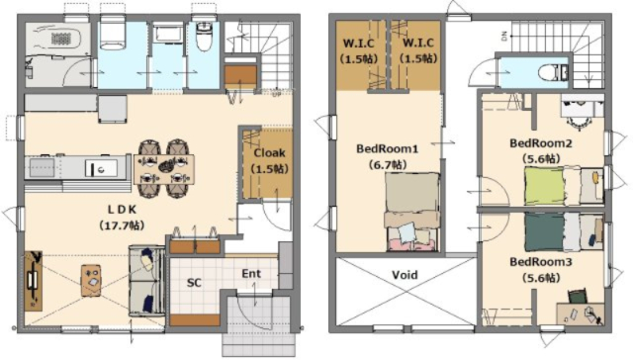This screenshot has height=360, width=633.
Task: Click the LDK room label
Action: click(122, 210)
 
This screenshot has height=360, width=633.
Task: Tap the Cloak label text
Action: click(269, 153)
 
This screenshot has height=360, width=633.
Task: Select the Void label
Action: click(405, 275)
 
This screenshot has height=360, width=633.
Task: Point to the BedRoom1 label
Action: click(387, 148)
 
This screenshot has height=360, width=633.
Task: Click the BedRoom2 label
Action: click(541, 143)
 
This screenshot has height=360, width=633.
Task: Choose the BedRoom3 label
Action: click(541, 262)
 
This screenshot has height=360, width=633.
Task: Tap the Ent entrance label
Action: click(251, 274)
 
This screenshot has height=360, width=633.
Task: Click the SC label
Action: click(194, 283)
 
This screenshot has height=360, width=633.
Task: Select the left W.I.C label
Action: click(358, 43)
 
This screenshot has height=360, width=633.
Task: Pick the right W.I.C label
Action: click(418, 43)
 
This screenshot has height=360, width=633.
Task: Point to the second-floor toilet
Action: click(553, 72)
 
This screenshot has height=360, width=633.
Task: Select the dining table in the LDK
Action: click(164, 169)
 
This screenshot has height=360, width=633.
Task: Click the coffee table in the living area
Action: click(91, 280)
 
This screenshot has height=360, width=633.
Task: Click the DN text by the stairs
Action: click(504, 37)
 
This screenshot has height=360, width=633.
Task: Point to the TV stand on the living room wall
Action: click(33, 281)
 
